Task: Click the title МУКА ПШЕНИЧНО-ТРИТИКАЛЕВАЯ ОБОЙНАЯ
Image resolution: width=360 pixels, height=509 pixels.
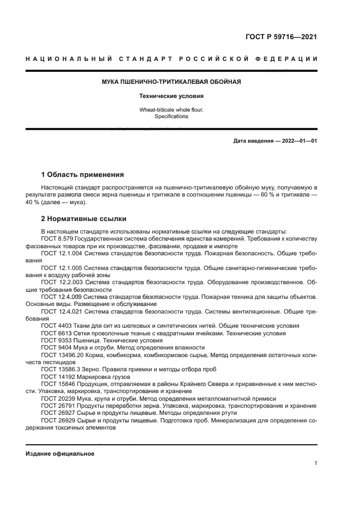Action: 171,82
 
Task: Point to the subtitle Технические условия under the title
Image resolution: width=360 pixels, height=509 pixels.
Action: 171,96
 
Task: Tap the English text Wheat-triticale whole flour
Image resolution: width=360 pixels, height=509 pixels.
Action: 171,110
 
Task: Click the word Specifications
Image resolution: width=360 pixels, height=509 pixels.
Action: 171,116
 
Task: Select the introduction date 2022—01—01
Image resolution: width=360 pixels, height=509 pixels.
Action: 299,141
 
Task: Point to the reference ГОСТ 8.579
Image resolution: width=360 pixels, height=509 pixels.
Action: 58,239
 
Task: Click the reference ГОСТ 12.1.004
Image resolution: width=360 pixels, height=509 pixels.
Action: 61,254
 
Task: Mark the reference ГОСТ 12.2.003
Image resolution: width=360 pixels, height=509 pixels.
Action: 61,283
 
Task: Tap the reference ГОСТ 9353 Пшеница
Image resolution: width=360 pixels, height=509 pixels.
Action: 68,340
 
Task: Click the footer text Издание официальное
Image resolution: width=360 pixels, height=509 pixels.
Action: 60,453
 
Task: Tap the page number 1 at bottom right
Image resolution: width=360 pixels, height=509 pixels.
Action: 316,463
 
